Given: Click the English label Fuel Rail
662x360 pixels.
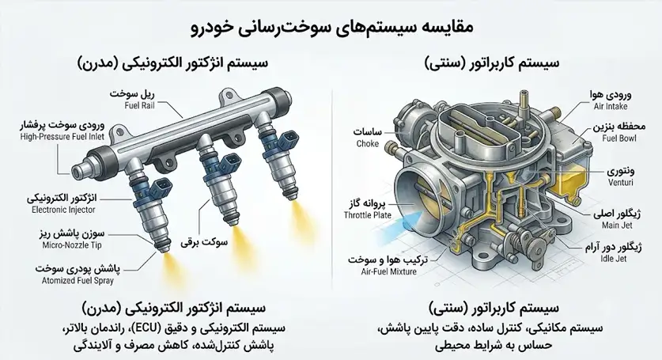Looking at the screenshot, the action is pyautogui.click(x=139, y=106).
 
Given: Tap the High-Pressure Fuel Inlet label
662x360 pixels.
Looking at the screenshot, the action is pyautogui.click(x=62, y=137).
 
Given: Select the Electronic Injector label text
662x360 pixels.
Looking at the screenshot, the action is pyautogui.click(x=63, y=210).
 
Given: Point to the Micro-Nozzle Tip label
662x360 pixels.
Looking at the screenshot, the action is pyautogui.click(x=72, y=245).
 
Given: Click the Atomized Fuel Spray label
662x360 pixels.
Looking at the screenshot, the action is pyautogui.click(x=78, y=281).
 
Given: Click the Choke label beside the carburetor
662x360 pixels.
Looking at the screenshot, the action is pyautogui.click(x=367, y=144).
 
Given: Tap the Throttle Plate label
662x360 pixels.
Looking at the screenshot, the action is pyautogui.click(x=367, y=215).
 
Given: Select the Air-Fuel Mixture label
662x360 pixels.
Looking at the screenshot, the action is pyautogui.click(x=389, y=272).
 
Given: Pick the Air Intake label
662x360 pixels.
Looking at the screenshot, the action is pyautogui.click(x=611, y=107).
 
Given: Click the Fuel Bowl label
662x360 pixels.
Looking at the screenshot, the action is pyautogui.click(x=619, y=138).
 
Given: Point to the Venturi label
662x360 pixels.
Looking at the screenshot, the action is pyautogui.click(x=621, y=183).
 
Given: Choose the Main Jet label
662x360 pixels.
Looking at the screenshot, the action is pyautogui.click(x=617, y=225).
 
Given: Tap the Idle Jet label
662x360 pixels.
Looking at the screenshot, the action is pyautogui.click(x=614, y=259).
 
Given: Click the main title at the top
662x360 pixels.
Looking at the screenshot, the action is pyautogui.click(x=331, y=27).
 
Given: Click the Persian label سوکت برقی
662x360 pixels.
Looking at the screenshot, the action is pyautogui.click(x=204, y=243).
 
